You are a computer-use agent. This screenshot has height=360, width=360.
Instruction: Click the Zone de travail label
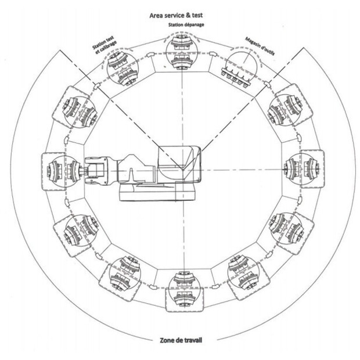click(179, 340)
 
